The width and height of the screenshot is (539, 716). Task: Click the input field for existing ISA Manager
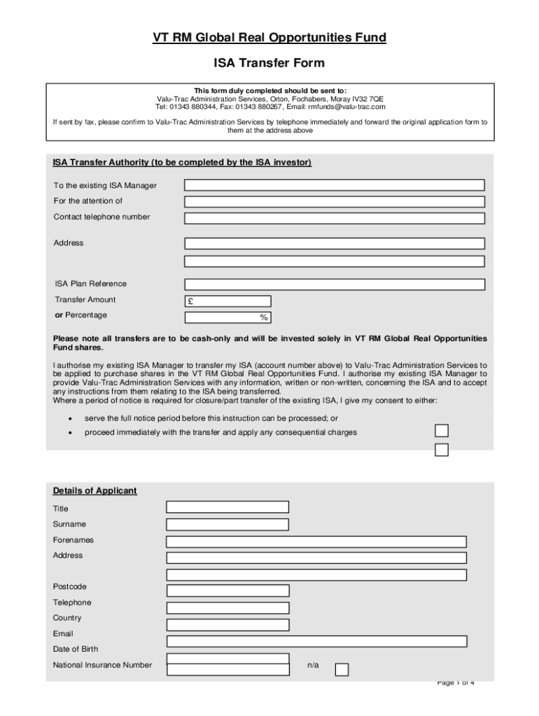334,185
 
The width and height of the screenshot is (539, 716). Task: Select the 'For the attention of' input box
334,201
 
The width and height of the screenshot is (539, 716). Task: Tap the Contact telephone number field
334,217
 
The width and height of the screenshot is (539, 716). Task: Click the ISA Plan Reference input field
334,285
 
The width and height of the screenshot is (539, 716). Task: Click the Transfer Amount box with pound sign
227,301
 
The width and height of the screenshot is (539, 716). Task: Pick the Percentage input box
227,317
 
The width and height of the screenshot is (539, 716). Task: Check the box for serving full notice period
442,430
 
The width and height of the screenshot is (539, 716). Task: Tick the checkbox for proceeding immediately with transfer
442,450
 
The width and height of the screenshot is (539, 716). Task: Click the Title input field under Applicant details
227,508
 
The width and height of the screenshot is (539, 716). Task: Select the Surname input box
227,524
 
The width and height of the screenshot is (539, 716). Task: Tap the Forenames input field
316,541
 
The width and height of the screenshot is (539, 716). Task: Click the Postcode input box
227,590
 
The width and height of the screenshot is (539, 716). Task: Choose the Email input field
316,640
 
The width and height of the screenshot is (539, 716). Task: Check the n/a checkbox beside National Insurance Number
342,669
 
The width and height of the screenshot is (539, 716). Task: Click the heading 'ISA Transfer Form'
269,63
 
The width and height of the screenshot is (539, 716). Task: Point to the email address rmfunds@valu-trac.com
346,107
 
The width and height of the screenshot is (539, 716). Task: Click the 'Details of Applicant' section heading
95,491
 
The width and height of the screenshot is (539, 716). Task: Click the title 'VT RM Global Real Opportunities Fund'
269,38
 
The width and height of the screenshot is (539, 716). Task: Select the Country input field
227,624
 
